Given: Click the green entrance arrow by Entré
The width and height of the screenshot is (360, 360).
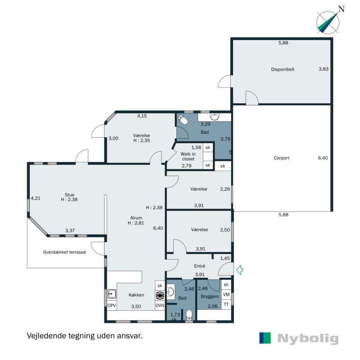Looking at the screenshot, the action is tap(240, 270).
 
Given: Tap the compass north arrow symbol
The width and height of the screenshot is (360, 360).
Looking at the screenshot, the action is tap(328, 22).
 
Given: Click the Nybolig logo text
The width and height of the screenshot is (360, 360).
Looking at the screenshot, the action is tap(308, 339).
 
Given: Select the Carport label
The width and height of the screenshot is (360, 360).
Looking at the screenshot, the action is tap(282, 158).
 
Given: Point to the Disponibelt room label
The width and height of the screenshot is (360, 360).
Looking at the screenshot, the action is tap(283, 69).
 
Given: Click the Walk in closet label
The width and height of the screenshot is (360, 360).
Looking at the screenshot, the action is tap(188, 156).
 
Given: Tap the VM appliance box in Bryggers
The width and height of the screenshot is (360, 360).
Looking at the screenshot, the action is tap(226, 294).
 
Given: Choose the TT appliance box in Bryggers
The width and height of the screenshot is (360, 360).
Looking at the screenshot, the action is tap(226, 305).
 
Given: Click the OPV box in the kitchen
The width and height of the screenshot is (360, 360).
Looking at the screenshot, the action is tap(112, 306).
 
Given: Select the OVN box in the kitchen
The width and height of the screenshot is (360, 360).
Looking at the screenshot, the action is tap(160, 306).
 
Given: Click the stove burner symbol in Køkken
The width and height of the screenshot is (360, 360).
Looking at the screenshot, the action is tap(160, 296).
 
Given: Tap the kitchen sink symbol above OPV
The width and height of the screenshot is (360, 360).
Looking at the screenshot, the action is tap(112, 294).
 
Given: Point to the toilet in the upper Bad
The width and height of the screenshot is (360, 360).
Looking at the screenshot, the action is tap(183, 119).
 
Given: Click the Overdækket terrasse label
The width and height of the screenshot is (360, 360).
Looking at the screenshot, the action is tap(64, 252).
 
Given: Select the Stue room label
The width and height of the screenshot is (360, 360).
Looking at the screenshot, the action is tap(69, 195).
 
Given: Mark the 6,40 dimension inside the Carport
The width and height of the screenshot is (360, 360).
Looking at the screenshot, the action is tap(323, 158).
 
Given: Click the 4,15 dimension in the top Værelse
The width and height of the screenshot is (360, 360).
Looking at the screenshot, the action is tap(142, 116).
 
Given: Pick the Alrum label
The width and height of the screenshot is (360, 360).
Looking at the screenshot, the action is tap(136, 218).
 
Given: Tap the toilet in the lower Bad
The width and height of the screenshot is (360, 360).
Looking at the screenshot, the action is tap(189, 315).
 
